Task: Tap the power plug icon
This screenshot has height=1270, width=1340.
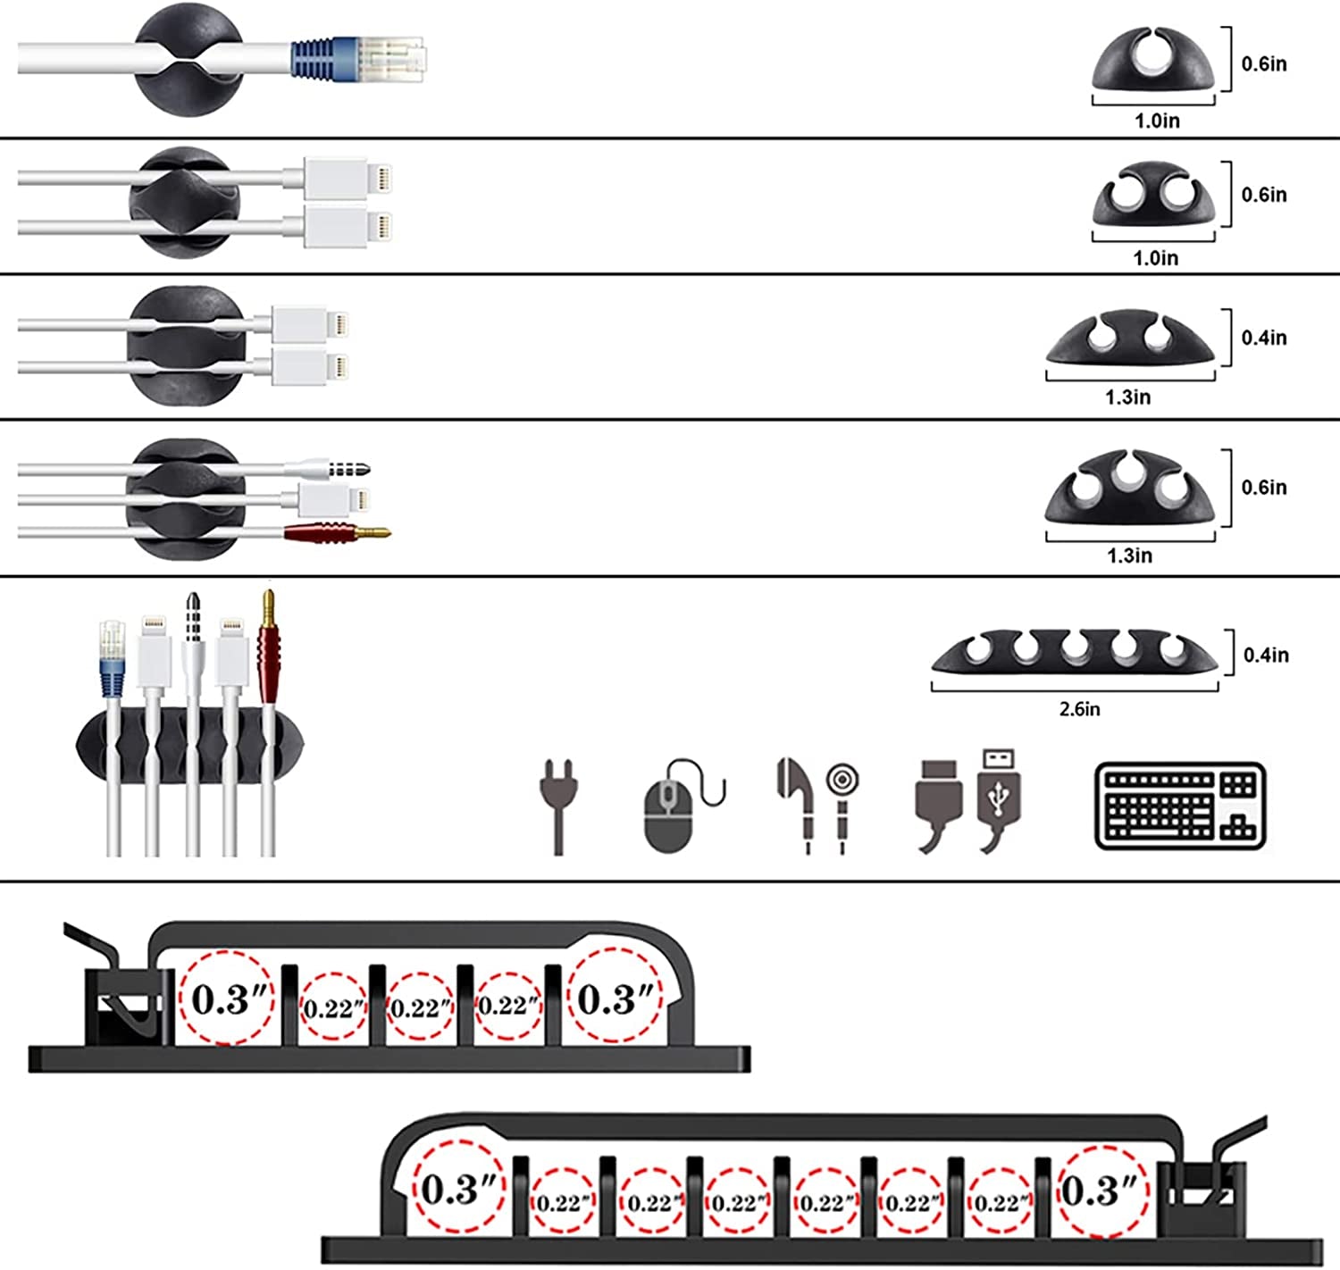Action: [x=558, y=804]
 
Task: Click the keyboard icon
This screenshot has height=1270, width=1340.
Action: [x=1180, y=806]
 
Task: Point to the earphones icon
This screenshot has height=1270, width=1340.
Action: [x=817, y=804]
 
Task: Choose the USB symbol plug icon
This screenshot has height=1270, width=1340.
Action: [x=999, y=799]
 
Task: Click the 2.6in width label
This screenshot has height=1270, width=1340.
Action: [x=1079, y=709]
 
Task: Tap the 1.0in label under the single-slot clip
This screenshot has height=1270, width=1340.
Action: [x=1157, y=121]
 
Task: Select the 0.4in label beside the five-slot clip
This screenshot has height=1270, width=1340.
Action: [x=1266, y=656]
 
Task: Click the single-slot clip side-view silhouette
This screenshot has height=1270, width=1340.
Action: [x=1153, y=61]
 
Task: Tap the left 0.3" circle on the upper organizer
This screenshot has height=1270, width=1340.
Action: [x=227, y=998]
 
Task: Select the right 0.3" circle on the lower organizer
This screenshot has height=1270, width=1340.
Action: [x=1102, y=1191]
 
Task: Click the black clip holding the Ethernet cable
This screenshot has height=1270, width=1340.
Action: [x=188, y=59]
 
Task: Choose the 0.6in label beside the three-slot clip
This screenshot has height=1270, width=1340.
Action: [x=1264, y=488]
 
